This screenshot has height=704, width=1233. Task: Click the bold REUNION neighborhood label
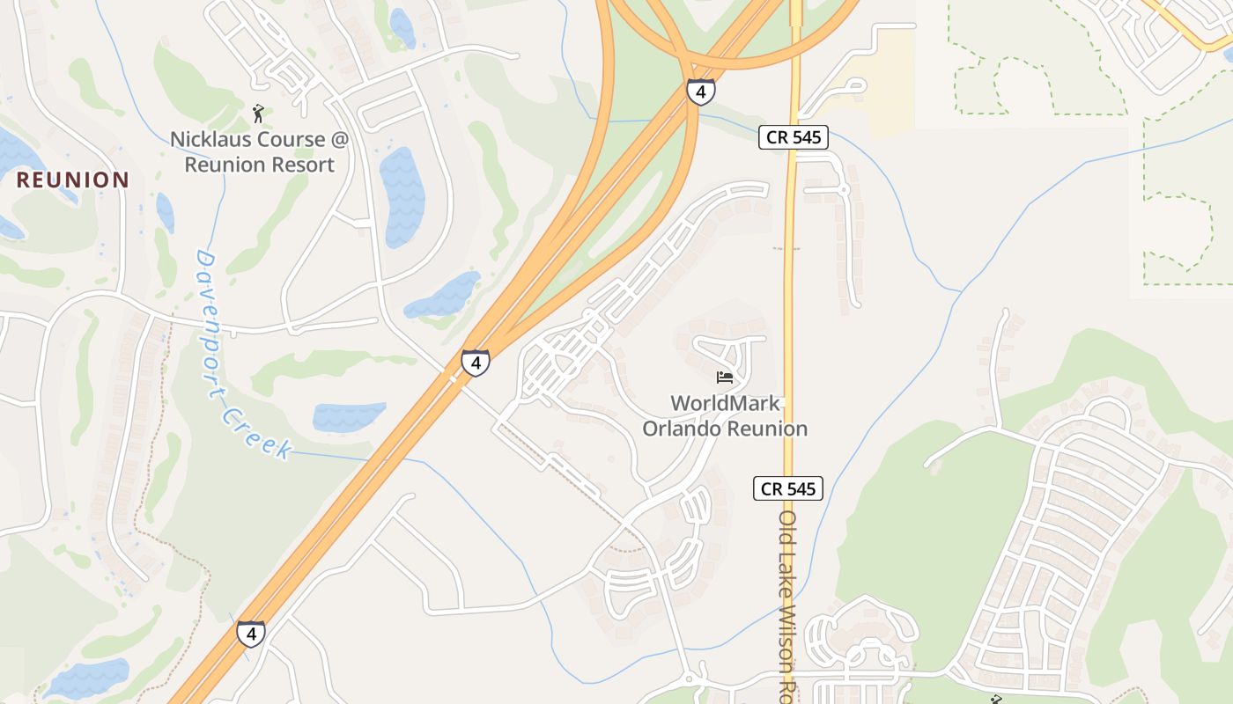click(x=73, y=180)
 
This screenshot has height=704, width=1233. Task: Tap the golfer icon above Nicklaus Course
click(x=258, y=114)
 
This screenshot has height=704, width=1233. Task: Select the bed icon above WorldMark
click(x=725, y=378)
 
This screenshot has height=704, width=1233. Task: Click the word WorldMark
click(x=725, y=403)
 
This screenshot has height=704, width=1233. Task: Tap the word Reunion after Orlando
click(x=766, y=429)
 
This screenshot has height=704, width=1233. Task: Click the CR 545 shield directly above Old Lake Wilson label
click(x=788, y=488)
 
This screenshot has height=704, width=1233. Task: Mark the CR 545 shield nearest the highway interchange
click(x=794, y=137)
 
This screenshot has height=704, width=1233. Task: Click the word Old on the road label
click(x=787, y=531)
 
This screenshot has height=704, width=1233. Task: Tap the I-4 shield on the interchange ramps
click(x=701, y=91)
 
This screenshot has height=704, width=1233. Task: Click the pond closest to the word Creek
click(x=350, y=415)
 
